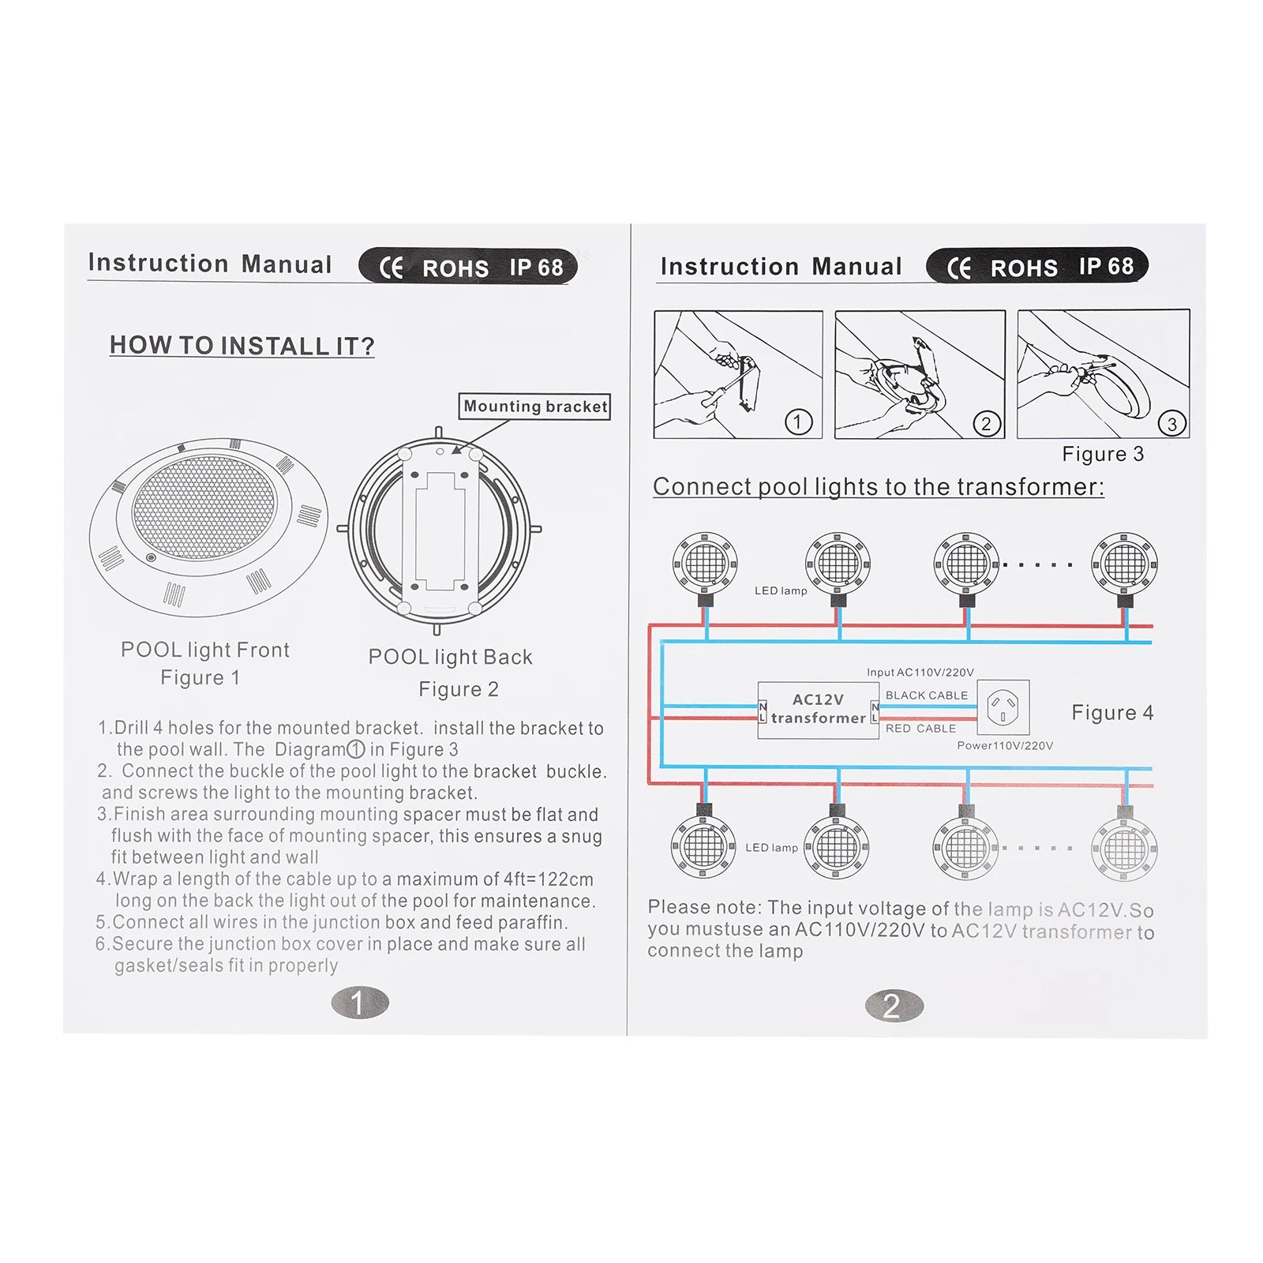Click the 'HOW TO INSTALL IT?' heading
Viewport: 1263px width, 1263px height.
pos(242,346)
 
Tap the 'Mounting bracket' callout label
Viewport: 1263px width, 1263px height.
pos(535,407)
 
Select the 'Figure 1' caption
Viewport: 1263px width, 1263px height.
pos(200,678)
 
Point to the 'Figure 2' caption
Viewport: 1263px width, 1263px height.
pos(459,689)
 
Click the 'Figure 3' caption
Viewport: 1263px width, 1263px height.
pos(1103,454)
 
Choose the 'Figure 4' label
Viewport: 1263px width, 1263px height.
pos(1112,713)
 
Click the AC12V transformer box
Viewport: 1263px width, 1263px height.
pos(819,710)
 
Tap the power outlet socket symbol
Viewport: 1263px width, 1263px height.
pos(1003,707)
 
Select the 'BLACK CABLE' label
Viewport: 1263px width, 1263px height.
pos(927,695)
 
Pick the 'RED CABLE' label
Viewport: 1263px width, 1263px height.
pos(920,729)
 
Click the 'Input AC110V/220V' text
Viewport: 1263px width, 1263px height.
pos(920,673)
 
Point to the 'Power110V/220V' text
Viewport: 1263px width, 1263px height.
pos(1005,746)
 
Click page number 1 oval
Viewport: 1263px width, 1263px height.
pos(360,1003)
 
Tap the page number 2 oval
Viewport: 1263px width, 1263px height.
pos(894,1006)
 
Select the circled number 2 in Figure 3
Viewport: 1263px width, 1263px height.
pos(986,424)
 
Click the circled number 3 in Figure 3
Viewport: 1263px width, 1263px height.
pos(1172,424)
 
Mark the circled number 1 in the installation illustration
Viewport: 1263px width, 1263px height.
pos(798,422)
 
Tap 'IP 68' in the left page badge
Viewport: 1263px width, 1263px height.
pos(536,268)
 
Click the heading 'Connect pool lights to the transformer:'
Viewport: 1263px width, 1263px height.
pos(879,487)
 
